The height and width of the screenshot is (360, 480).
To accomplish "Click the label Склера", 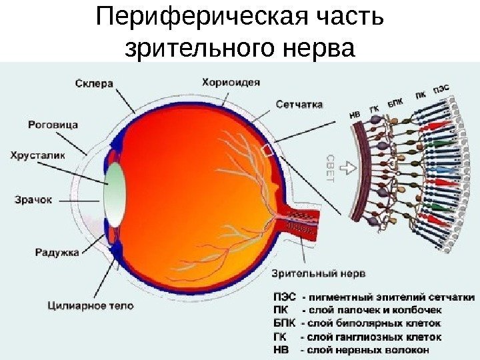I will (95, 83).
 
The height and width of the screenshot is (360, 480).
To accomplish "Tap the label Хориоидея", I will (231, 82).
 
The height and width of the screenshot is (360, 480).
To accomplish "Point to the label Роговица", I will (53, 124).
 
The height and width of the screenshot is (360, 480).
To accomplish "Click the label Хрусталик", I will (38, 155).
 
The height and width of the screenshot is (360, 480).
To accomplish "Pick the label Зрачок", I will (33, 199).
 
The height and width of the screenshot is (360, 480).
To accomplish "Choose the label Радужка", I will (57, 252).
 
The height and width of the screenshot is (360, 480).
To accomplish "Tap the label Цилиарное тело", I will (91, 306).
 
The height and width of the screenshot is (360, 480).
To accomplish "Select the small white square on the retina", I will (269, 150).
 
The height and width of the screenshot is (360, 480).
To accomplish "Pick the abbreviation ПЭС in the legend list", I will (285, 297).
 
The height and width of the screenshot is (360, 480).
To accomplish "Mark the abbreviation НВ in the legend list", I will (282, 348).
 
